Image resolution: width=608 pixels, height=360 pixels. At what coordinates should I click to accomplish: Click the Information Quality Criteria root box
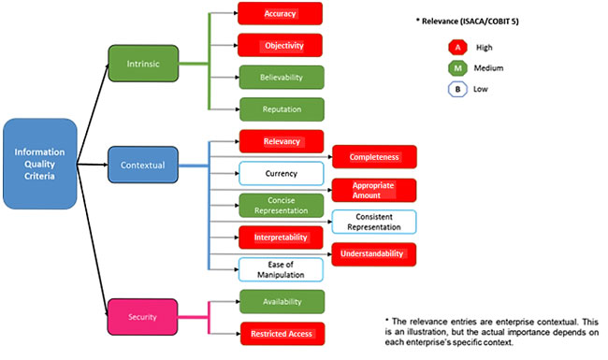tap(39, 164)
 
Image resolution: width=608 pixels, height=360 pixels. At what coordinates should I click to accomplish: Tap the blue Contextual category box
tap(143, 165)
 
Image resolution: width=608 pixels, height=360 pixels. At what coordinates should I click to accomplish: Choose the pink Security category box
tap(143, 316)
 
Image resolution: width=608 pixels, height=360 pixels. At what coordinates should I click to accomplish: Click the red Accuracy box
tap(280, 14)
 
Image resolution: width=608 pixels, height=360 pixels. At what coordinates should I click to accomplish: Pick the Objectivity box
tap(280, 45)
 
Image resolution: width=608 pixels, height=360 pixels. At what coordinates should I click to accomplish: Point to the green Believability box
tap(282, 77)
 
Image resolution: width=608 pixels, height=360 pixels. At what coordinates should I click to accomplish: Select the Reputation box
tap(282, 108)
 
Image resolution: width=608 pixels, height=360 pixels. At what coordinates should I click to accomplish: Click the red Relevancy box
tap(282, 142)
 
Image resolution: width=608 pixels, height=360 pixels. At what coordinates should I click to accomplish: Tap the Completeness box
tap(373, 157)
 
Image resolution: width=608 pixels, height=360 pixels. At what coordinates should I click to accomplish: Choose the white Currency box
tap(282, 174)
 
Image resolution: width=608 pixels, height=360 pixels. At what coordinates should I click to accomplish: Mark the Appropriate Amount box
tap(373, 190)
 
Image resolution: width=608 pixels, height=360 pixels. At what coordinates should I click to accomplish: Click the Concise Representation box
tap(282, 206)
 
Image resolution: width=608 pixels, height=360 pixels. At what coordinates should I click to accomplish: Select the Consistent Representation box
tap(373, 222)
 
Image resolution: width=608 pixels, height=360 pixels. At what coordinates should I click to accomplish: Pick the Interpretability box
tap(282, 238)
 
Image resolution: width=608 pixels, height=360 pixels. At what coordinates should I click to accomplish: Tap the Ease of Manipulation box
tap(282, 269)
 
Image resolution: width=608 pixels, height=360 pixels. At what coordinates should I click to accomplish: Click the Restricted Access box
tap(282, 332)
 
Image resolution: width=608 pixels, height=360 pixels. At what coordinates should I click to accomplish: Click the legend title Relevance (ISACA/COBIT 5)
tap(477, 19)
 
